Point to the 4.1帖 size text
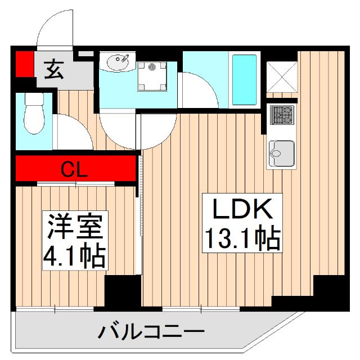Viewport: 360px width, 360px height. [x=75, y=256]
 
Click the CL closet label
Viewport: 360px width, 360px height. [x=74, y=168]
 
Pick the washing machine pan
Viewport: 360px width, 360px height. [x=152, y=75]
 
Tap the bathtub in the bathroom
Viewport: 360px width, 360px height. [x=244, y=80]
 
